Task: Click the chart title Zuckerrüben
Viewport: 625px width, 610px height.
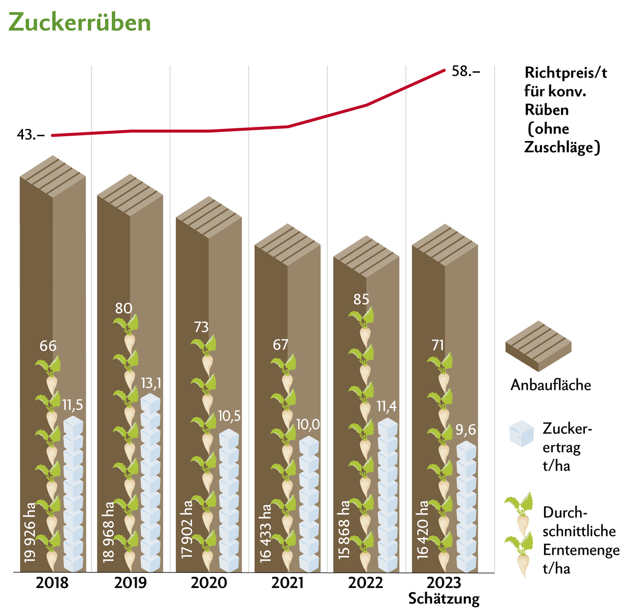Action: (80, 22)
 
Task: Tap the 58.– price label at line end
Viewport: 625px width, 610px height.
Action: (466, 71)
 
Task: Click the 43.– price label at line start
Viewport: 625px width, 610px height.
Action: (31, 135)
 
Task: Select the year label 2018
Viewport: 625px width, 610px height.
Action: (52, 583)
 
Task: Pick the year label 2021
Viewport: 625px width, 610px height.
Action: (287, 583)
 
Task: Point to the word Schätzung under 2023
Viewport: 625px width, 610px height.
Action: (444, 599)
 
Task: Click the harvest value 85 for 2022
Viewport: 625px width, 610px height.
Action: (361, 299)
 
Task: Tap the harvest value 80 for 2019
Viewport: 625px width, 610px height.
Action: (124, 308)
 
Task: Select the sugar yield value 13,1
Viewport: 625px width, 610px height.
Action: (151, 384)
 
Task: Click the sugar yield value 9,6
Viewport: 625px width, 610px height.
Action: (465, 430)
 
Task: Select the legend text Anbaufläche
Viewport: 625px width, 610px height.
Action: (551, 385)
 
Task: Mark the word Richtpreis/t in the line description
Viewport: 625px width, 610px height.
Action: (566, 73)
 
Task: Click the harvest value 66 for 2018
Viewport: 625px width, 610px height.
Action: (48, 346)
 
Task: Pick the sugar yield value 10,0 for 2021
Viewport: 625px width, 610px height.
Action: (308, 425)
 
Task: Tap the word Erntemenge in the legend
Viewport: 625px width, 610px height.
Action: (581, 550)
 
